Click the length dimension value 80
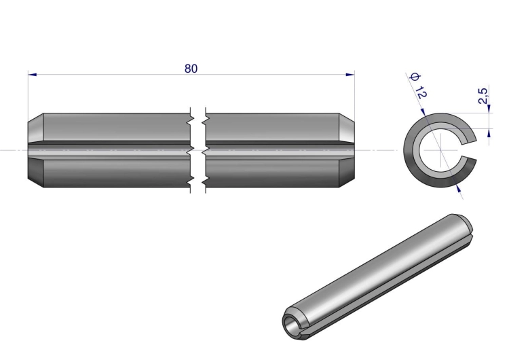(191, 69)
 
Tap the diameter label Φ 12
(419, 86)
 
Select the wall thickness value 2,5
(483, 96)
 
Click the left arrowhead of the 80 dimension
(33, 75)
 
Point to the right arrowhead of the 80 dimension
(350, 75)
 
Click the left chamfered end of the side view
(36, 150)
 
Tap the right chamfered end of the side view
(347, 150)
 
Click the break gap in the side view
(198, 150)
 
